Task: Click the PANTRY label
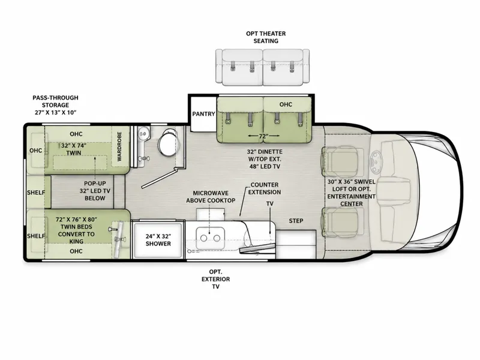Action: (x=203, y=114)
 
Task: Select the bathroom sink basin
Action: (x=143, y=133)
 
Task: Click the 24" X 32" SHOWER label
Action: (x=158, y=240)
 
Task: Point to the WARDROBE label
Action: (x=119, y=146)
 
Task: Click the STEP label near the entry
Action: (x=296, y=221)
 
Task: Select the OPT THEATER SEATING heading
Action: (x=266, y=37)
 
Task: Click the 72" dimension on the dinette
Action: (x=263, y=136)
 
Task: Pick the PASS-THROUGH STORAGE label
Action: (x=55, y=105)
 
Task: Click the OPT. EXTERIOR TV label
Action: (x=215, y=279)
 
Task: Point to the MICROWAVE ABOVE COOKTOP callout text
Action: (x=211, y=197)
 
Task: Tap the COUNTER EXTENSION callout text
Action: (x=265, y=188)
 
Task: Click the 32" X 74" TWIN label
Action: (x=73, y=149)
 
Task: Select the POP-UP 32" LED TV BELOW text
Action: (x=95, y=191)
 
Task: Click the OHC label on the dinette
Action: (x=286, y=104)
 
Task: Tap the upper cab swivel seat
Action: (x=340, y=161)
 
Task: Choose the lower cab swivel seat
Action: (x=340, y=223)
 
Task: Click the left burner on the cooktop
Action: (x=203, y=238)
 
